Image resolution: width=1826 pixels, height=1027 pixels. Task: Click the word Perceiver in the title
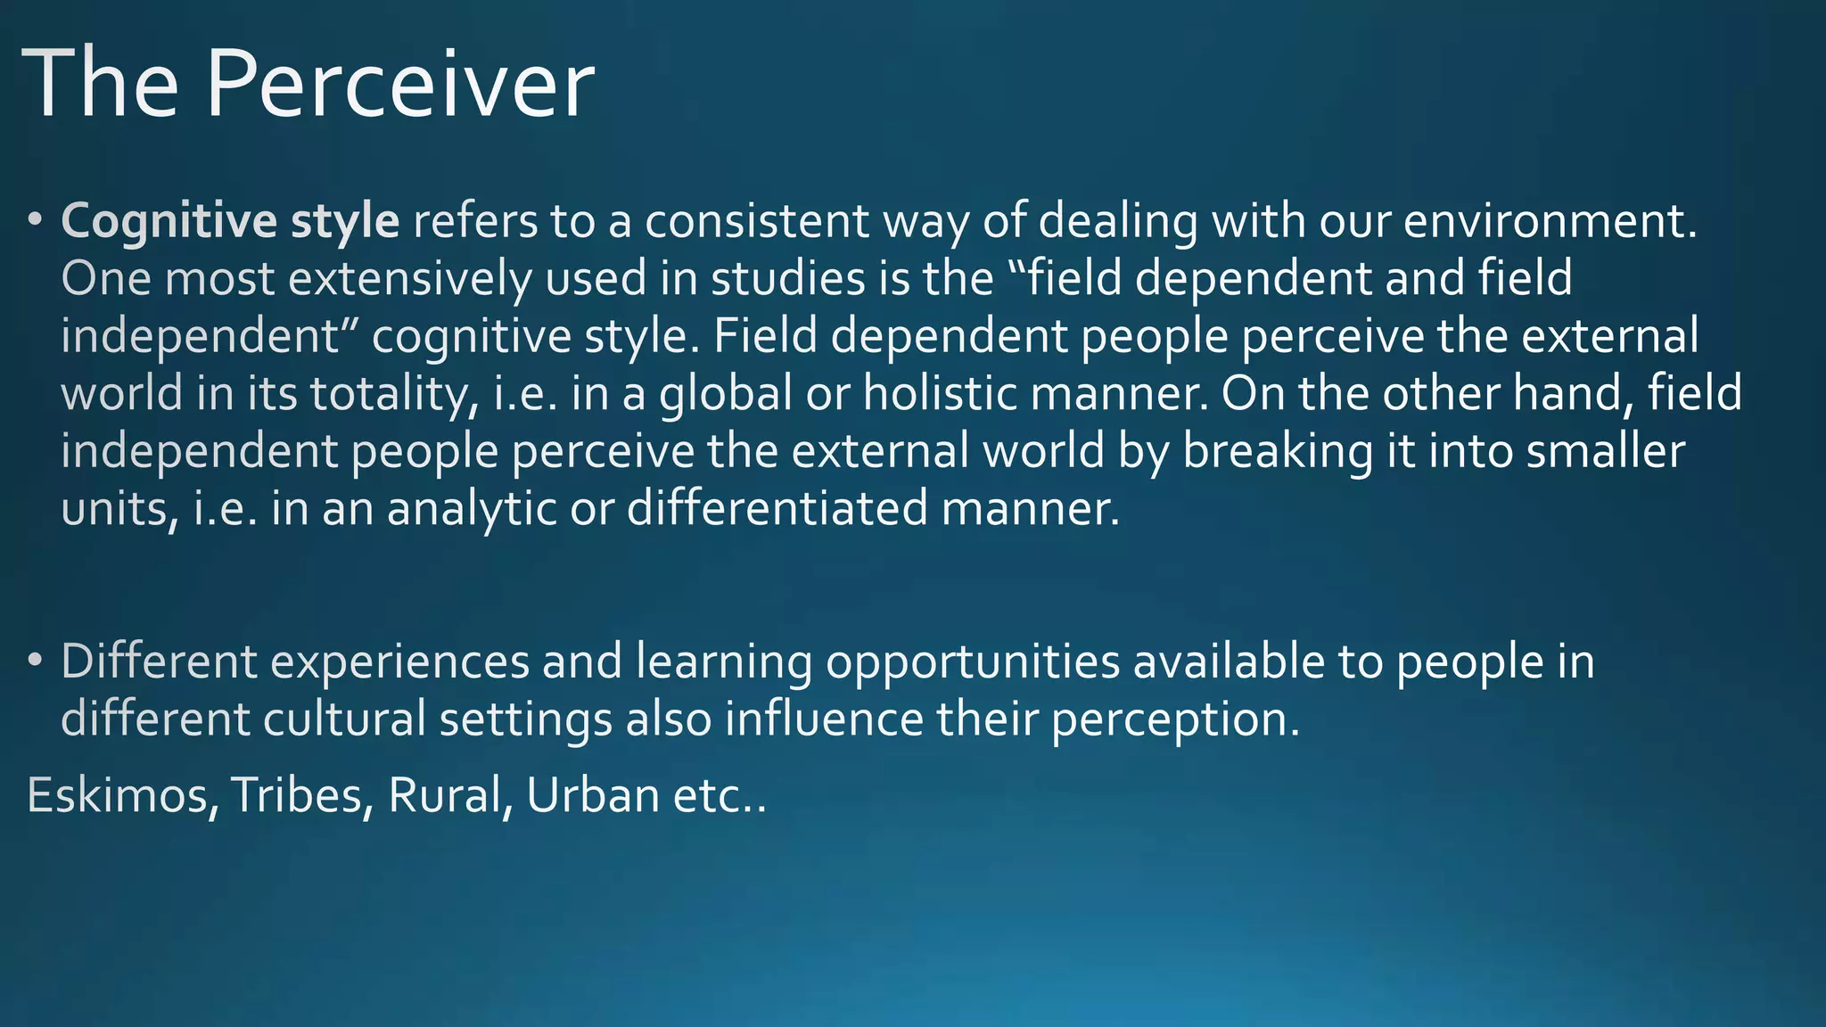pos(399,84)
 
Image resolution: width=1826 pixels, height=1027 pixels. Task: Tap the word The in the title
pos(100,84)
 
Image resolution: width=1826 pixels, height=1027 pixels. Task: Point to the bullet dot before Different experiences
pos(35,661)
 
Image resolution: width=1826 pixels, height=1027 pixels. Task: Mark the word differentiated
pos(777,509)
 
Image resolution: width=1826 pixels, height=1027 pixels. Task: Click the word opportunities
pos(972,662)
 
